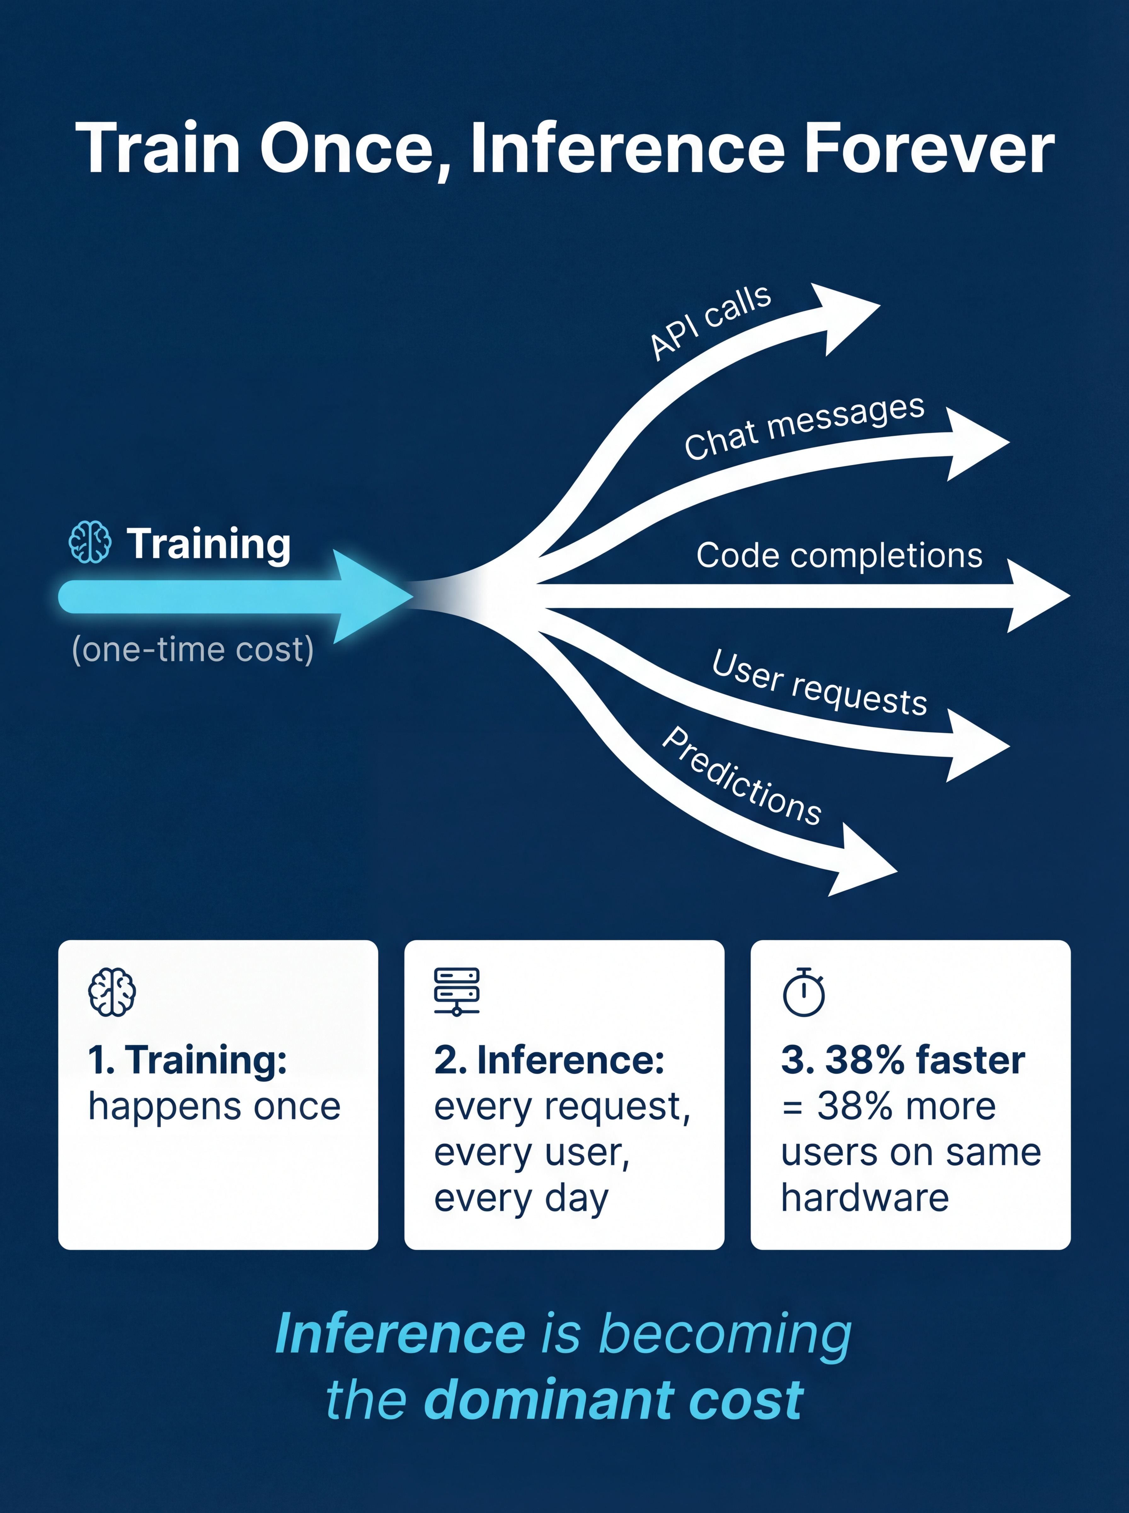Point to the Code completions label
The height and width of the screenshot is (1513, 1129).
point(839,555)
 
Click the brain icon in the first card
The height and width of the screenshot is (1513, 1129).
point(112,991)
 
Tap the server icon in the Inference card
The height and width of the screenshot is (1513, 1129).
point(456,991)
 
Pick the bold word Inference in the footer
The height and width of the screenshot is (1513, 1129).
point(400,1334)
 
